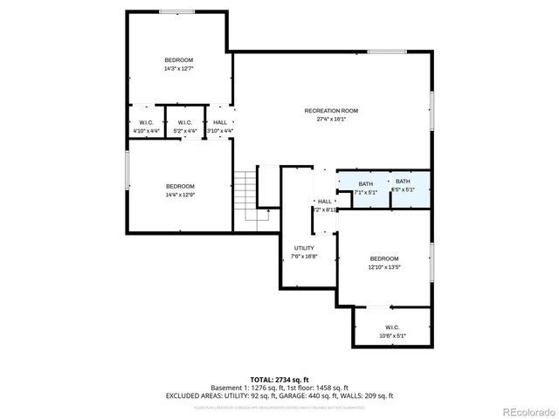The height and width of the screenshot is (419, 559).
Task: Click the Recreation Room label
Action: coord(331,111)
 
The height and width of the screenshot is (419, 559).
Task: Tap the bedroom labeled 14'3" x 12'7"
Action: coord(179,64)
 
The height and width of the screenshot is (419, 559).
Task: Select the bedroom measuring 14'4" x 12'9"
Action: coord(180,190)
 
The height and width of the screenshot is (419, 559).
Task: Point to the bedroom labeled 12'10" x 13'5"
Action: coord(383,263)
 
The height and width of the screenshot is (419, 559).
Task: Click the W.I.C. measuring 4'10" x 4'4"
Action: coord(146,127)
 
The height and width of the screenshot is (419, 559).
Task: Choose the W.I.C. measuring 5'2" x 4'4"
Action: coord(184,127)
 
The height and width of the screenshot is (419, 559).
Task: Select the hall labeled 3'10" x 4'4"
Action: coord(220,127)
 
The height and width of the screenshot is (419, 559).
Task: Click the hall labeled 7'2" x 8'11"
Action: coord(324,205)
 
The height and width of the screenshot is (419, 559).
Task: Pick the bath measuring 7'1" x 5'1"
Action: coord(365,187)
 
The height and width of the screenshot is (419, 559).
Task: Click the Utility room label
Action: coord(304,252)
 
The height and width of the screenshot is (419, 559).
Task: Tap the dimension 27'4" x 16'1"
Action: coord(331,119)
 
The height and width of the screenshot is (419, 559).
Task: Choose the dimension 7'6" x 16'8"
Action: coord(304,258)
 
